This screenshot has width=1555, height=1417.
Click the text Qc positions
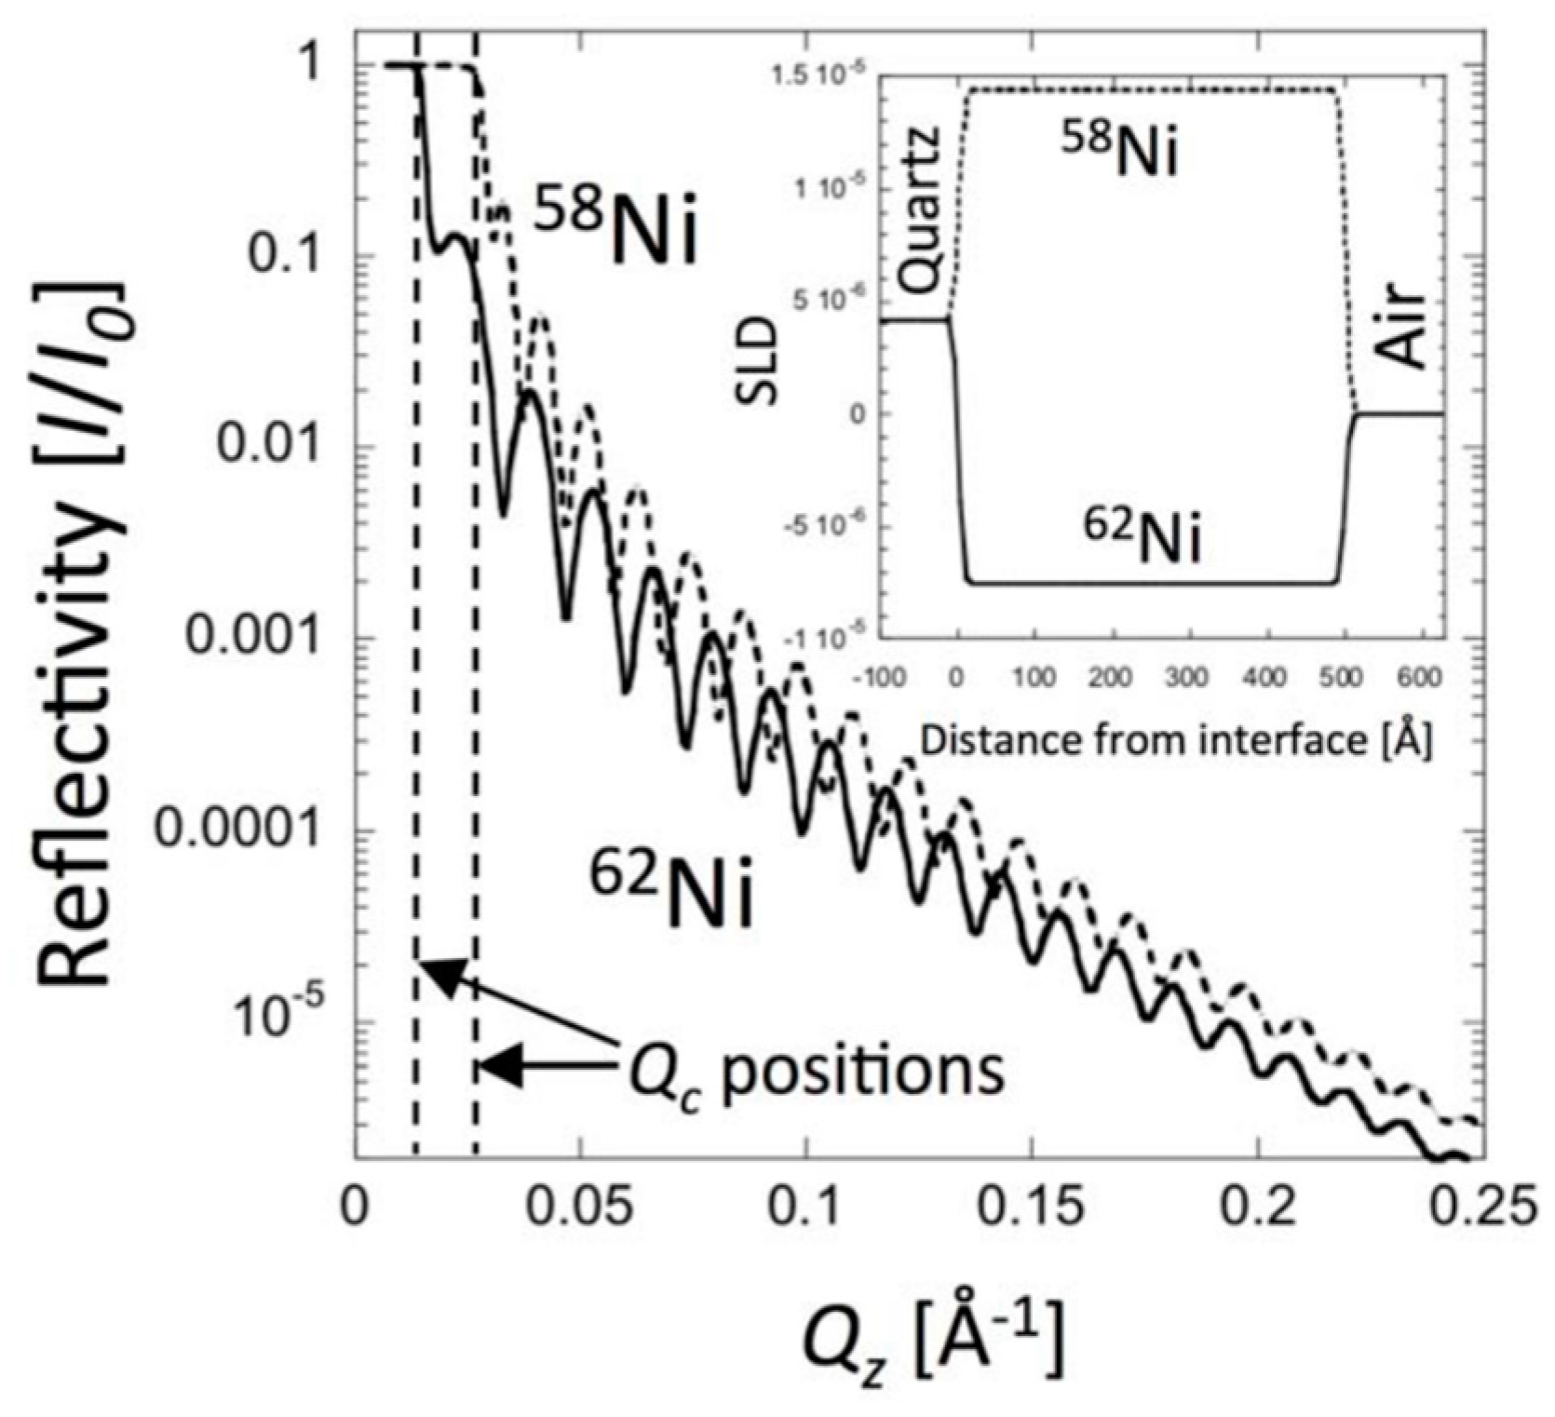815,1073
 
